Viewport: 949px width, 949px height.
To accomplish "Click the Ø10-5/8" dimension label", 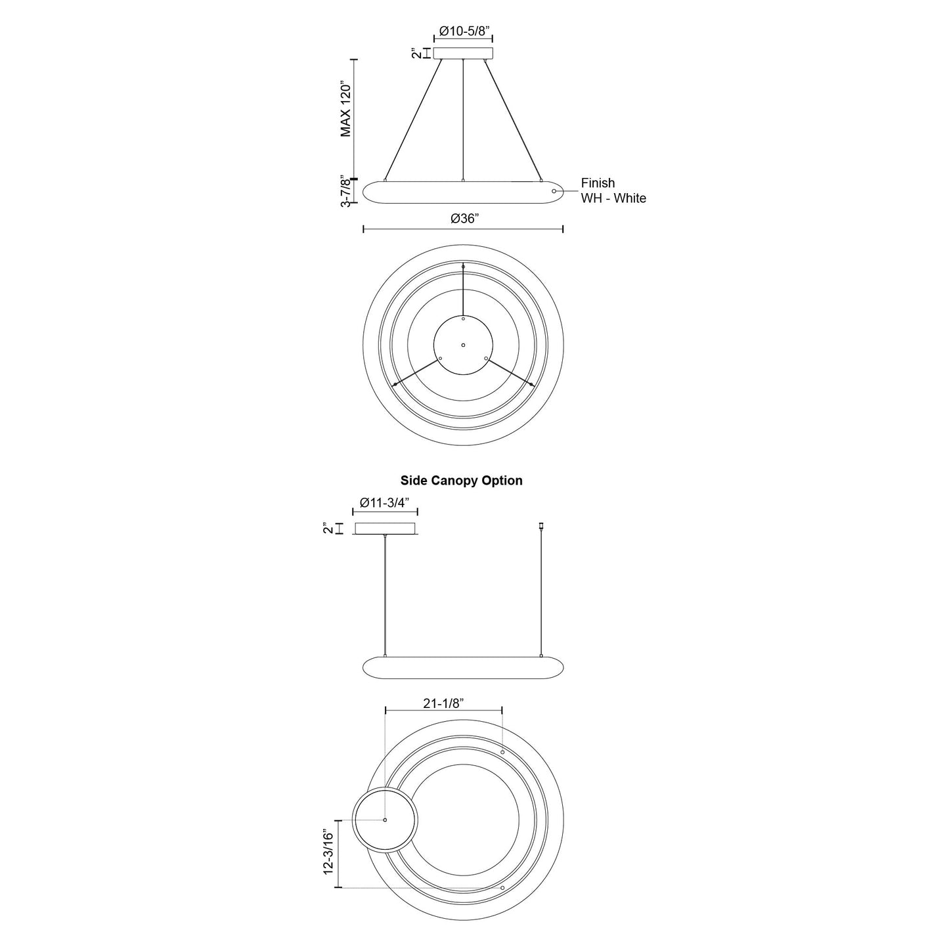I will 464,30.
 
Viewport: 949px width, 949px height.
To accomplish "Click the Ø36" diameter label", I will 464,219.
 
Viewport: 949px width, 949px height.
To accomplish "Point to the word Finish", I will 598,183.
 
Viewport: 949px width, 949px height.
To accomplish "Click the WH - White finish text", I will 613,198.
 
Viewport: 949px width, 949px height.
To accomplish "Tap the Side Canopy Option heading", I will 461,481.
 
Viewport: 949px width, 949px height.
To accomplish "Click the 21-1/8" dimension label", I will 443,703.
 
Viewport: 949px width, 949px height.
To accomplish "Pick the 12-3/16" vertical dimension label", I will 329,852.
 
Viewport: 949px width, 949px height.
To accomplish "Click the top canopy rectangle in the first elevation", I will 464,53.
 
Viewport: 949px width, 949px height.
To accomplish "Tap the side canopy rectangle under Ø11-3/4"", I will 385,529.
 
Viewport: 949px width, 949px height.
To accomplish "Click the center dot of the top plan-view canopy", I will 463,345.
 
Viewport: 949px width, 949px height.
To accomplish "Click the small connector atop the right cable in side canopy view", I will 541,525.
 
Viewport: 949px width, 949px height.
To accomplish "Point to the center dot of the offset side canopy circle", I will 385,820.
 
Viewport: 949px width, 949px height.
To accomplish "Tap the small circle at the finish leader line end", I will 554,191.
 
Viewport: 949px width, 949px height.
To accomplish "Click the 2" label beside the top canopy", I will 416,53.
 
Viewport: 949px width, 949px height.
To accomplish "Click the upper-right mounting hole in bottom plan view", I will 502,751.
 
